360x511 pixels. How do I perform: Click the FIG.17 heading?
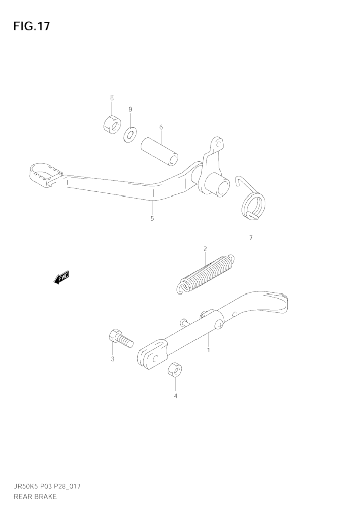coord(32,26)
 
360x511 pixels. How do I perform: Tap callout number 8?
coord(112,98)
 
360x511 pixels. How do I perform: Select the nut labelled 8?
coord(112,123)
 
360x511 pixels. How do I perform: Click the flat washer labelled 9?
coord(130,135)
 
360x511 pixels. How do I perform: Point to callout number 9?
coord(130,109)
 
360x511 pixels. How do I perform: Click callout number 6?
coord(161,127)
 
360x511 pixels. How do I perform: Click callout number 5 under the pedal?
coord(152,218)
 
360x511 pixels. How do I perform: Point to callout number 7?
coord(251,238)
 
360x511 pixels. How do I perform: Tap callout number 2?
coord(205,249)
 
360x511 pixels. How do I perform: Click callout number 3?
coord(113,359)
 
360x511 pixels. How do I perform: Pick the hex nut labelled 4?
coord(175,369)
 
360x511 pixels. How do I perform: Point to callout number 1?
coord(208,350)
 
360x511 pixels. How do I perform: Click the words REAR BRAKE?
coord(35,497)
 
